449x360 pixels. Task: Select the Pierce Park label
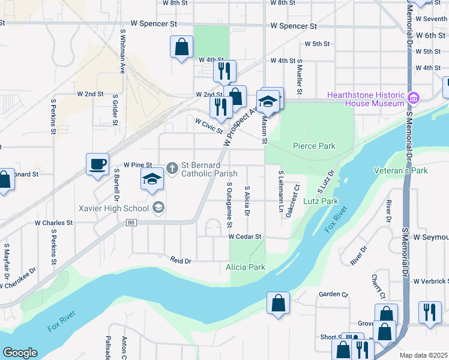313,146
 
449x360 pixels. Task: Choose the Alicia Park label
246,267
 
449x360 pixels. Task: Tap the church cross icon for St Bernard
172,168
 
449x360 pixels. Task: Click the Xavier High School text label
113,209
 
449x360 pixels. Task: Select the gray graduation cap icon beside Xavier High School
158,208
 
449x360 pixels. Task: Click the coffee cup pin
97,164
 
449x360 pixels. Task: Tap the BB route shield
131,223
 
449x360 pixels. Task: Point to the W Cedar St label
244,237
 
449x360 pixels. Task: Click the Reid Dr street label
180,261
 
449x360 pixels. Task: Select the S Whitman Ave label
122,52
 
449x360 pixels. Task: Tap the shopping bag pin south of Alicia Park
279,302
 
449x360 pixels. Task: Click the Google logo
20,353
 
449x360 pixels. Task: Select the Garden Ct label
333,294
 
